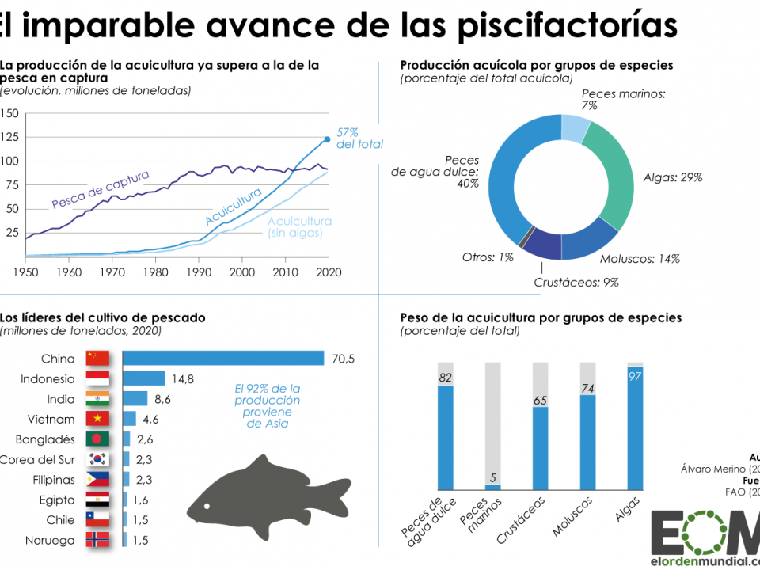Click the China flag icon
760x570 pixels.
tap(97, 359)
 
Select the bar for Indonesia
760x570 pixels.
tap(144, 378)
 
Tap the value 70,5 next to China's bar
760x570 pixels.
tap(343, 359)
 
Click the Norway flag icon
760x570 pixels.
tap(97, 540)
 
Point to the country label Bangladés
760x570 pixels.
tap(45, 439)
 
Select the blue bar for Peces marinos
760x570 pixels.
tap(492, 487)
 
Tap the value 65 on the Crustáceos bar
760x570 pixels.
tap(540, 401)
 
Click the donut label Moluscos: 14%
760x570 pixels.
tap(640, 258)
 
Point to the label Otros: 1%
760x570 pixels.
tap(488, 256)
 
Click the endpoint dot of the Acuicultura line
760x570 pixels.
tap(327, 139)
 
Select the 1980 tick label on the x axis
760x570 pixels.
tap(155, 271)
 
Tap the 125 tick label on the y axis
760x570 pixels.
tap(9, 137)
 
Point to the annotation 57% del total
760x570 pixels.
tap(359, 138)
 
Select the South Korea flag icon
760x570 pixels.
tap(97, 459)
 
